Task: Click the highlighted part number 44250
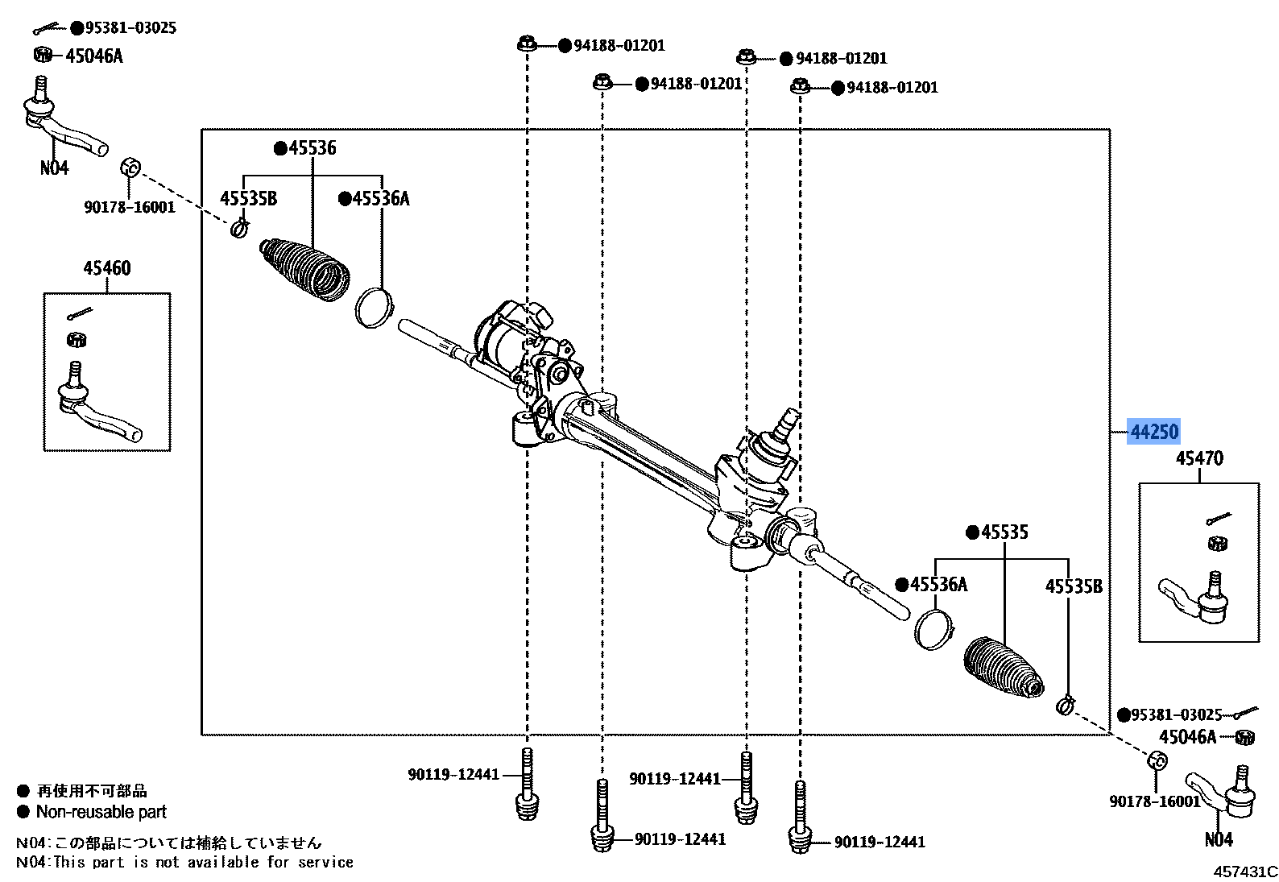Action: [x=1154, y=433]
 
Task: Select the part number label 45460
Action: [x=106, y=268]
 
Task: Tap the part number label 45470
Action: [x=1198, y=458]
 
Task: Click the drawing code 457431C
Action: [x=1245, y=872]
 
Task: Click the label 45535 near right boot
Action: [x=1004, y=532]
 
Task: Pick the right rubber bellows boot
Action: [x=1003, y=669]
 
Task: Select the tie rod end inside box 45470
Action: [x=1194, y=598]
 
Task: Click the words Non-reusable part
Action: [x=101, y=812]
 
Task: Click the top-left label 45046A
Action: [x=93, y=56]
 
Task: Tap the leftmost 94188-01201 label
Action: [x=619, y=46]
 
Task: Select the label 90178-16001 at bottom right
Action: [x=1154, y=801]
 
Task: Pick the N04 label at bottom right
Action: [x=1218, y=840]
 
